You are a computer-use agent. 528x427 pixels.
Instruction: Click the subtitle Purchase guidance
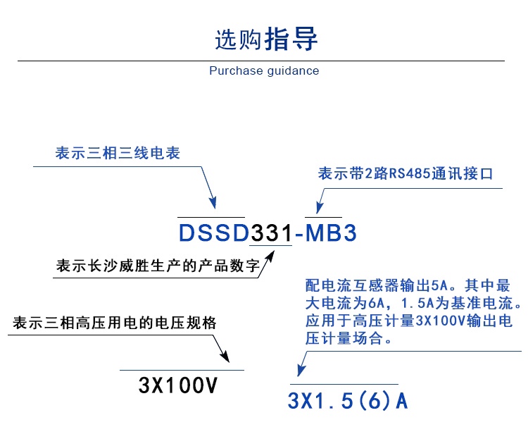tap(264, 70)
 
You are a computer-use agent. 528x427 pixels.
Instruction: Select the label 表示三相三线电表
tap(118, 153)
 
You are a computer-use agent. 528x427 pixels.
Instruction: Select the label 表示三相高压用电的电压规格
tap(115, 323)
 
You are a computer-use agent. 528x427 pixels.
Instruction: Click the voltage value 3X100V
tap(178, 385)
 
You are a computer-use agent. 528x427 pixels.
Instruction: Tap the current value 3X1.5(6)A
tap(348, 401)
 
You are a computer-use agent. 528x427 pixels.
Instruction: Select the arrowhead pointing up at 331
tap(268, 261)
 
